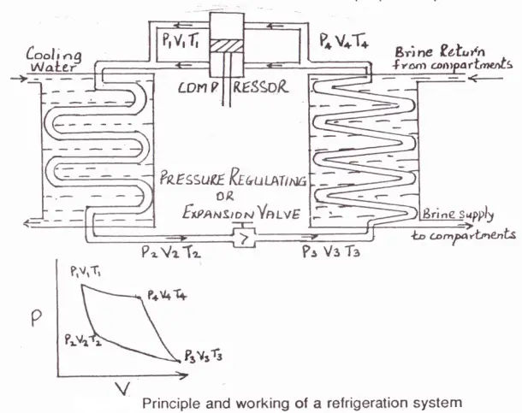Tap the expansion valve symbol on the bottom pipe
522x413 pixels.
[x=245, y=233]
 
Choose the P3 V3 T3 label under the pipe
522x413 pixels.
[x=331, y=251]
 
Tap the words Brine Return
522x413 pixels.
[x=431, y=52]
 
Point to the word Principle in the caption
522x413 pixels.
[x=169, y=402]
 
